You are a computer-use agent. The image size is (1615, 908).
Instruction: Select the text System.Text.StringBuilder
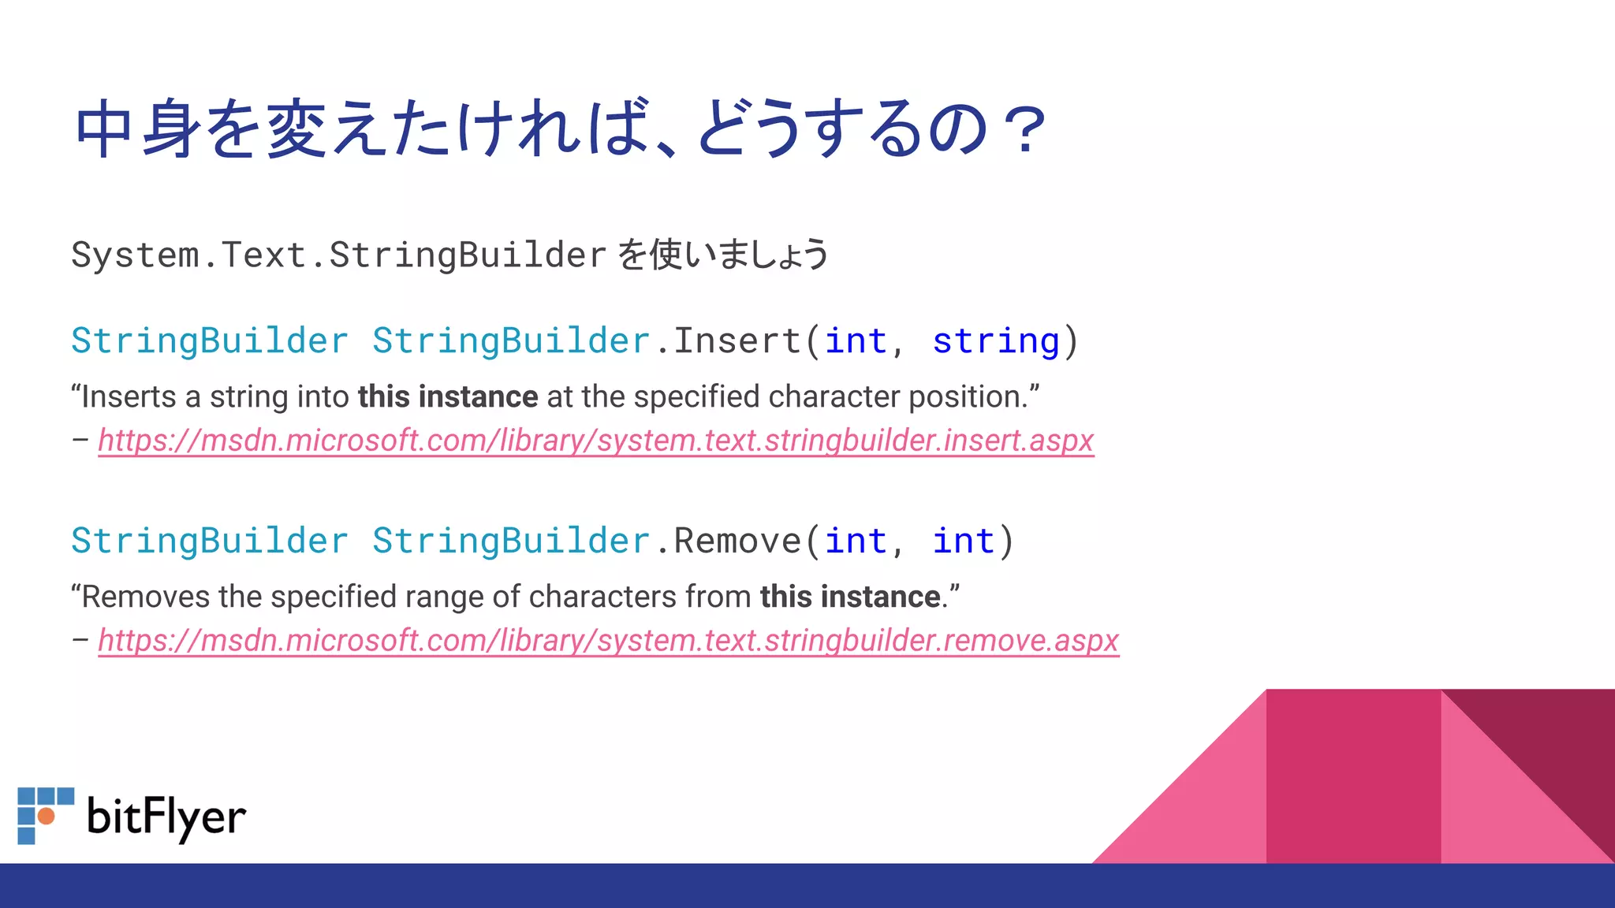pyautogui.click(x=339, y=255)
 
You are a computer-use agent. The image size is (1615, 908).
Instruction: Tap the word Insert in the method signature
pyautogui.click(x=738, y=341)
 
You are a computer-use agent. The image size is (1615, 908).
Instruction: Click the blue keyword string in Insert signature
pyautogui.click(x=996, y=341)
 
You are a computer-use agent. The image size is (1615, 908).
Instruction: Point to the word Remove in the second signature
pyautogui.click(x=738, y=541)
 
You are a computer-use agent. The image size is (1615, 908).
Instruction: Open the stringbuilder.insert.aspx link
pyautogui.click(x=595, y=441)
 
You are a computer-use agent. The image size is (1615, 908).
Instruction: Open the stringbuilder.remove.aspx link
pyautogui.click(x=608, y=641)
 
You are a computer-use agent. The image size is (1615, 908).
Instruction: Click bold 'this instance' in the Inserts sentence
pyautogui.click(x=448, y=396)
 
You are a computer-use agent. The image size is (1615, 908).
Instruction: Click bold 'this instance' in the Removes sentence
pyautogui.click(x=850, y=597)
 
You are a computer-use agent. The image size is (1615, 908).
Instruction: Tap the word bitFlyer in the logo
pyautogui.click(x=166, y=817)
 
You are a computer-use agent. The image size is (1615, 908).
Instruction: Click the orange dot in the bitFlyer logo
pyautogui.click(x=47, y=816)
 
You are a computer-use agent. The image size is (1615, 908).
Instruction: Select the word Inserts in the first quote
pyautogui.click(x=129, y=396)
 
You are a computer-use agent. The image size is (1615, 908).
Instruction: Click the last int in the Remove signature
pyautogui.click(x=964, y=541)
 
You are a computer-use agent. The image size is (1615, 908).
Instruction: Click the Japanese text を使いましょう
pyautogui.click(x=722, y=255)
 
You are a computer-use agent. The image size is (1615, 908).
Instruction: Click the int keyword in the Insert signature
pyautogui.click(x=856, y=341)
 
